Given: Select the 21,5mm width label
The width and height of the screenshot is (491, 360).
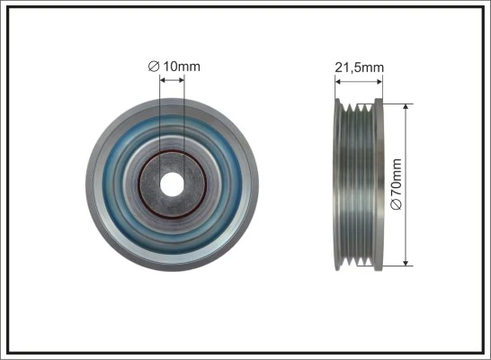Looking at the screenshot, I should (x=360, y=66).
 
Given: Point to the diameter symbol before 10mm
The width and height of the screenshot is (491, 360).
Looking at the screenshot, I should (x=153, y=65).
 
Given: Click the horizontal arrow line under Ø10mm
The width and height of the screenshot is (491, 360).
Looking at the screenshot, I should (x=172, y=80).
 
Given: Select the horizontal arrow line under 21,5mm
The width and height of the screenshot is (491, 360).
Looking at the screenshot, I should (x=360, y=81).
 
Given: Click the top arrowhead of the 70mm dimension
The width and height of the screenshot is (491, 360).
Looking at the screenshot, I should (x=407, y=106).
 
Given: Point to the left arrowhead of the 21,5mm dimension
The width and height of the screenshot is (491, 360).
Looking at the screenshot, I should (x=338, y=81).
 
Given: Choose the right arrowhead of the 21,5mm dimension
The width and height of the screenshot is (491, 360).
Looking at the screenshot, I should (x=380, y=81).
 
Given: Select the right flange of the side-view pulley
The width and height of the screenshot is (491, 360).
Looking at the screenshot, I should (x=379, y=184).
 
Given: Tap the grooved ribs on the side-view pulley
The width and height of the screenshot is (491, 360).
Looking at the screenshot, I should (x=359, y=184).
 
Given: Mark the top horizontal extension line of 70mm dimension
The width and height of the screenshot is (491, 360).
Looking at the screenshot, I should (x=396, y=102).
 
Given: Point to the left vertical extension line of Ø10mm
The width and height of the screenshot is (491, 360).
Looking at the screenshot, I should (x=159, y=117).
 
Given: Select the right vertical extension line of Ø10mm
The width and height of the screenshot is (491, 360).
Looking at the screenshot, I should (x=184, y=117).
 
